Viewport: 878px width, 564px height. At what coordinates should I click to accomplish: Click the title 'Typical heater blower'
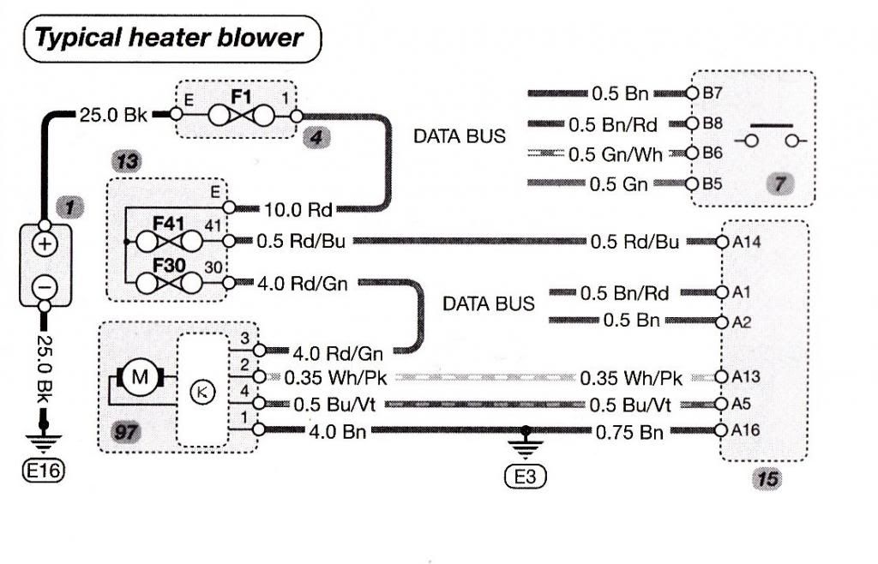(x=170, y=38)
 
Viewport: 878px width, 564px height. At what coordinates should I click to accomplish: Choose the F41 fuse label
(x=169, y=225)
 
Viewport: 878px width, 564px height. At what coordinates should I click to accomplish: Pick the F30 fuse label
(x=169, y=265)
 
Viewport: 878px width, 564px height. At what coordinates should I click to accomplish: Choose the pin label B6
(x=713, y=153)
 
